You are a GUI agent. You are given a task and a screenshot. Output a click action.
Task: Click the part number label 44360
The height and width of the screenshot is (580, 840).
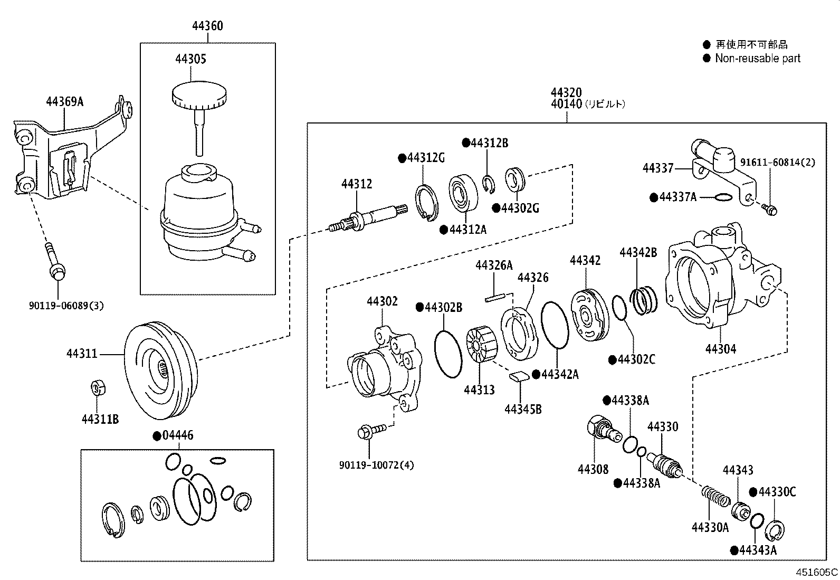[207, 26]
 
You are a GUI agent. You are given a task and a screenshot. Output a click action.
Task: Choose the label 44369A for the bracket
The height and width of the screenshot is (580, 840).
[64, 101]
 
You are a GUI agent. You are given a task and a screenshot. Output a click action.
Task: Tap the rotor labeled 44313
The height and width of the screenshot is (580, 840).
[480, 346]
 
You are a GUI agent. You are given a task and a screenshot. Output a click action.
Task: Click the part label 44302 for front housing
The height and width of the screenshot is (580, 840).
[382, 301]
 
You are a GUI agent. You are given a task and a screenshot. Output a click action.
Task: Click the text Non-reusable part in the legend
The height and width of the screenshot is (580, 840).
[757, 59]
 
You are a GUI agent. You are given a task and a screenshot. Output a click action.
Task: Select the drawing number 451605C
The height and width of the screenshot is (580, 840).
[817, 572]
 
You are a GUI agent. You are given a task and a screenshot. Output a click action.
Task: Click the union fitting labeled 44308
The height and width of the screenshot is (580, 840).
[602, 428]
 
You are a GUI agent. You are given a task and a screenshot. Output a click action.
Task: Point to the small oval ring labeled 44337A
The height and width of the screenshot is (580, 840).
[723, 197]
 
